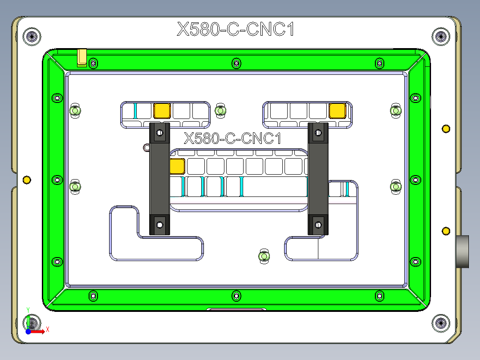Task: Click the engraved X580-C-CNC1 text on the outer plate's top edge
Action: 236,29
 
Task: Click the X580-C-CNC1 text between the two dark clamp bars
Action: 233,139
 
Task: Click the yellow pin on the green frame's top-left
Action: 82,57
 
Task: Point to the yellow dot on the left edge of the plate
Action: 27,180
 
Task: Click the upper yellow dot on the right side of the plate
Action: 445,129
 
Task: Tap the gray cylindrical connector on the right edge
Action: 463,251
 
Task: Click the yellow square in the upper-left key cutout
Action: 162,110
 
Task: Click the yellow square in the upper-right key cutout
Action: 338,110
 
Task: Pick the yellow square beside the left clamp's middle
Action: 177,166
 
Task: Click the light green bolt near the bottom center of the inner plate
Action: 264,257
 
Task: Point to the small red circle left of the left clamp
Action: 146,147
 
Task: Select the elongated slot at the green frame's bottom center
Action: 236,309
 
